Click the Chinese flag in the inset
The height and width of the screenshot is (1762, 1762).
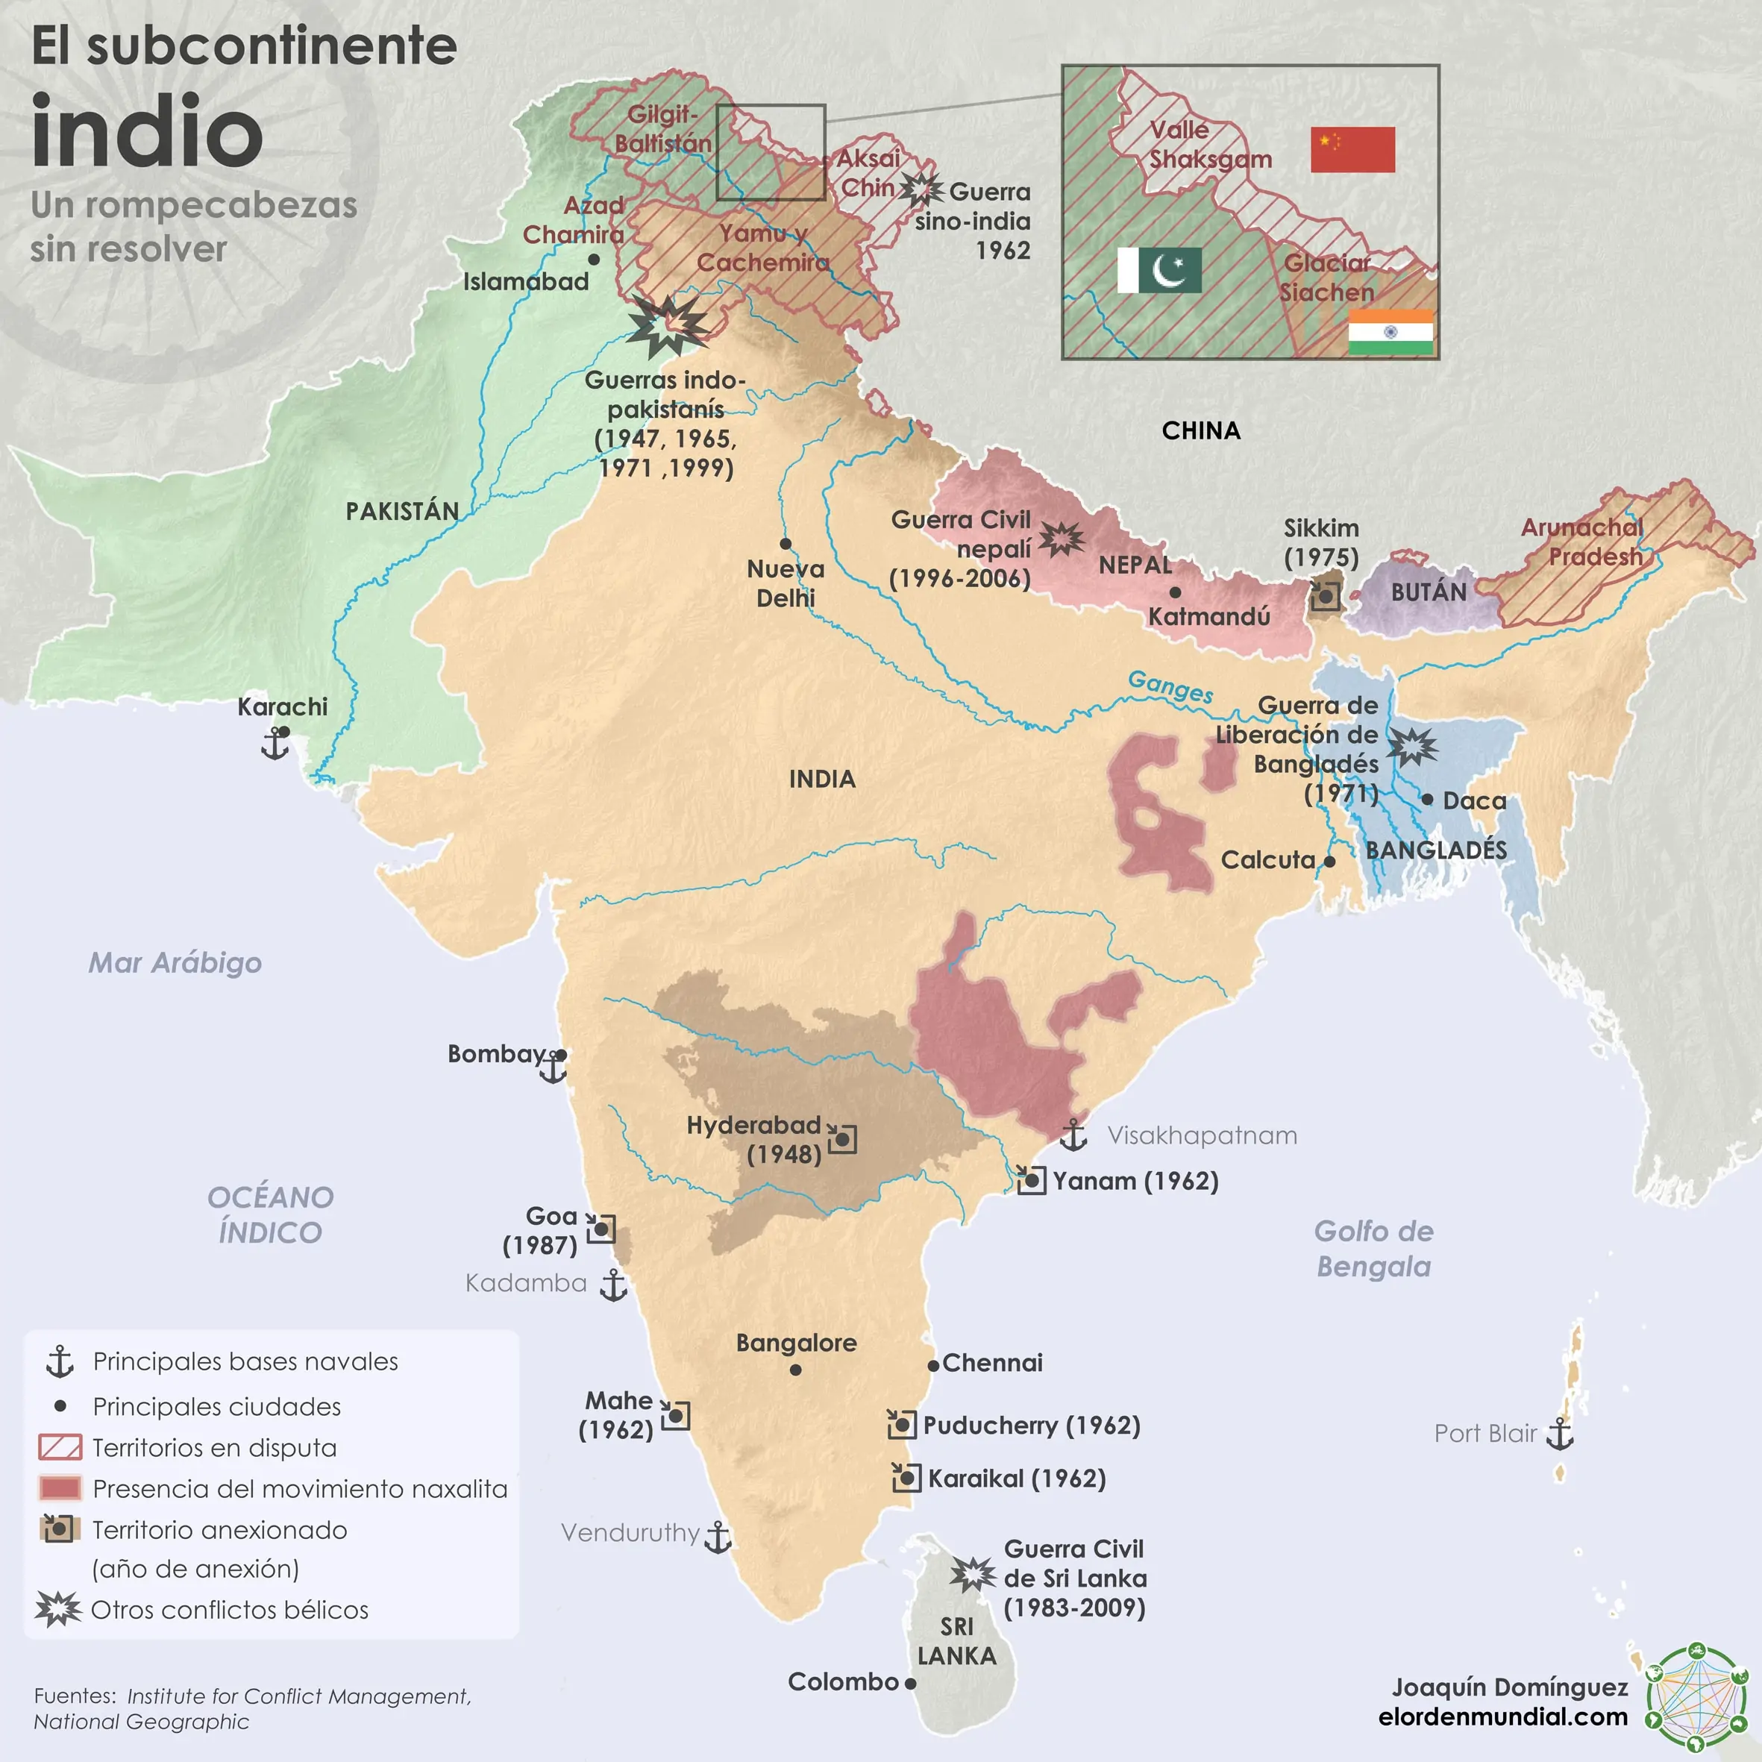pyautogui.click(x=1352, y=150)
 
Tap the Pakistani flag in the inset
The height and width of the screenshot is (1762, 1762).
pyautogui.click(x=1159, y=270)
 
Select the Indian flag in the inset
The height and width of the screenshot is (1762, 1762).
pyautogui.click(x=1390, y=332)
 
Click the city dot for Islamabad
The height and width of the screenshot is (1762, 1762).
pyautogui.click(x=594, y=260)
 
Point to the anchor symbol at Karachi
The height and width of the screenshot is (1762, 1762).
pyautogui.click(x=275, y=745)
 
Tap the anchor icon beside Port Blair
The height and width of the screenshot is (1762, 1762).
pyautogui.click(x=1561, y=1434)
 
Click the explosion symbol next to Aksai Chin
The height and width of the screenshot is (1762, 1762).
pyautogui.click(x=921, y=189)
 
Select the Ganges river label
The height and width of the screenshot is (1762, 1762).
pyautogui.click(x=1170, y=686)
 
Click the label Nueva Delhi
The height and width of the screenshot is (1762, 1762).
pyautogui.click(x=786, y=583)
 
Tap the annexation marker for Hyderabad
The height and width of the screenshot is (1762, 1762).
pyautogui.click(x=841, y=1139)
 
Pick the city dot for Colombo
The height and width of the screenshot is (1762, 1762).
pyautogui.click(x=910, y=1684)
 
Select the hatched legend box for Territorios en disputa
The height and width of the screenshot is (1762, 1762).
pyautogui.click(x=60, y=1447)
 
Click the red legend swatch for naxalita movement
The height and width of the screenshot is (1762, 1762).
pyautogui.click(x=60, y=1488)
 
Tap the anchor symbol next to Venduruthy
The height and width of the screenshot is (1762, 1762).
pyautogui.click(x=718, y=1537)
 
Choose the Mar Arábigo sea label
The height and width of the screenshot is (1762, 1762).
pyautogui.click(x=175, y=963)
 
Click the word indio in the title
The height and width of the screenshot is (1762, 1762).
pyautogui.click(x=148, y=132)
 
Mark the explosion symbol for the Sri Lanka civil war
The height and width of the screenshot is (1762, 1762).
pyautogui.click(x=972, y=1574)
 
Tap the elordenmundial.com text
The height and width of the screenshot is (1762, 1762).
pyautogui.click(x=1503, y=1716)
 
